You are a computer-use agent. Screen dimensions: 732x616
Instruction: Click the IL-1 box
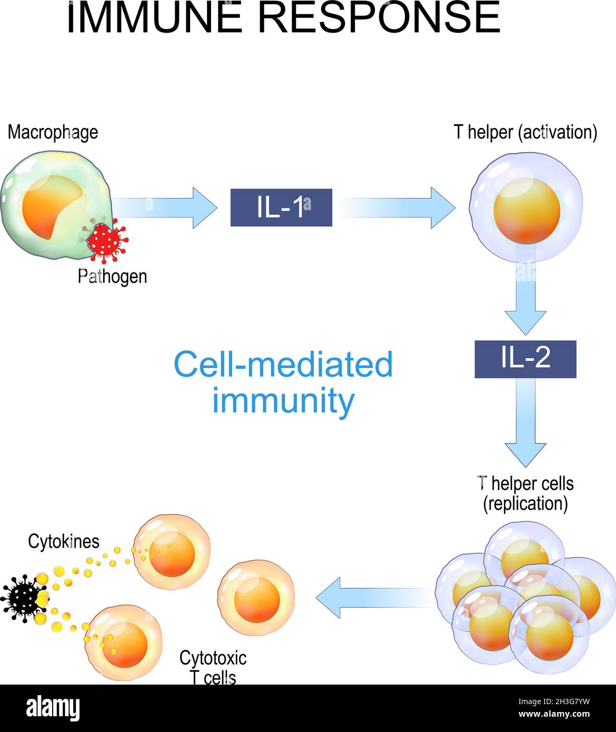click(x=281, y=207)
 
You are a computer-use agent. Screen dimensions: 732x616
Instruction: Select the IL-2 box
click(x=525, y=359)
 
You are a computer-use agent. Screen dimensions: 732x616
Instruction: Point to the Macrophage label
click(x=53, y=132)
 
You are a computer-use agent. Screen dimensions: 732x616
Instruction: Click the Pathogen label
click(x=112, y=276)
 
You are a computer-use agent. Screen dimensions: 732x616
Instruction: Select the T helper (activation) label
click(x=525, y=132)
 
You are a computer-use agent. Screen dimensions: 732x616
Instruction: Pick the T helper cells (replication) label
click(x=525, y=493)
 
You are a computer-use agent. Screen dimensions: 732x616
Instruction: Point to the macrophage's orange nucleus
click(x=50, y=205)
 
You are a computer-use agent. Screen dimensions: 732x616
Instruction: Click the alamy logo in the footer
click(x=53, y=708)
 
